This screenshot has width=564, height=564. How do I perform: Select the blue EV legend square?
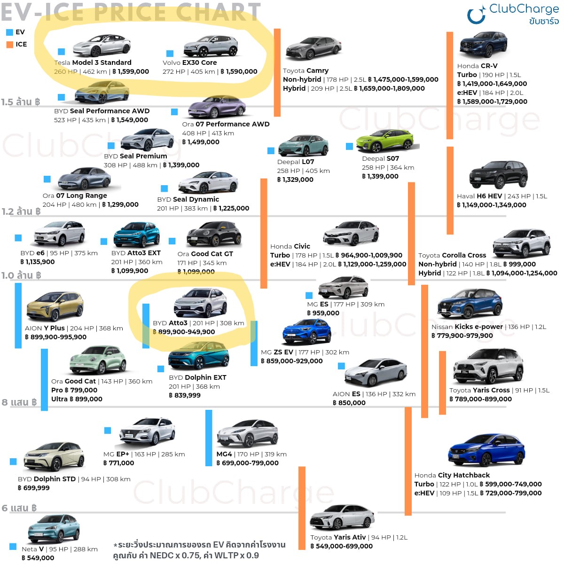(9, 32)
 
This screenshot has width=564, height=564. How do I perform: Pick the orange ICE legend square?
(9, 45)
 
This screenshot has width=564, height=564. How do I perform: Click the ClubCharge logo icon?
(476, 15)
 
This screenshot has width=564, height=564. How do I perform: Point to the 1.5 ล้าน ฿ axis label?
(20, 102)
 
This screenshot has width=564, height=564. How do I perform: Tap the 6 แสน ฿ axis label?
(19, 508)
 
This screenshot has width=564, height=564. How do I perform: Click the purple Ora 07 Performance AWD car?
(217, 108)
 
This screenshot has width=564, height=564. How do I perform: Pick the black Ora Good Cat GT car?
(214, 234)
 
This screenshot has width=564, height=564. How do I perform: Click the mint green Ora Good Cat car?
(98, 360)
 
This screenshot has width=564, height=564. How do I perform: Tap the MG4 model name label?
(224, 454)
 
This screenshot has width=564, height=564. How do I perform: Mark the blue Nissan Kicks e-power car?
(470, 304)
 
